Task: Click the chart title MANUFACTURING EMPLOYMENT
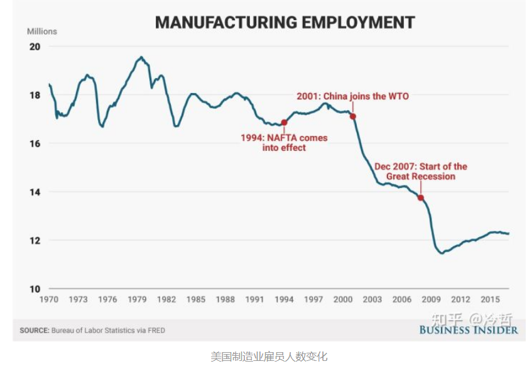pos(285,23)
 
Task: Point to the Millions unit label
pos(42,31)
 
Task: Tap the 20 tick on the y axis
pos(34,47)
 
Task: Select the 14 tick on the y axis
pos(34,192)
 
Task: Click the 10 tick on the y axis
pos(34,289)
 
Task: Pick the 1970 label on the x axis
pos(49,299)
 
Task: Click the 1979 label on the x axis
pos(137,299)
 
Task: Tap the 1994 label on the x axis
pos(284,299)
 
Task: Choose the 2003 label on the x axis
pos(372,299)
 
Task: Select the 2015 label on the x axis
pos(489,299)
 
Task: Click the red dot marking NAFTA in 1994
pos(284,123)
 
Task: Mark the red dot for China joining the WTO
pos(353,116)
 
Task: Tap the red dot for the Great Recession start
pos(420,198)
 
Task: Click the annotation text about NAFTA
pos(284,143)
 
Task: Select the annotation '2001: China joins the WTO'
pos(352,96)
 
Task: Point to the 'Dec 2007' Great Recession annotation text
pos(421,172)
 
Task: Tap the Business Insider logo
pos(469,329)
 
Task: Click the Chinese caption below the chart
pos(269,357)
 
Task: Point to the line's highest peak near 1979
pos(141,57)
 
